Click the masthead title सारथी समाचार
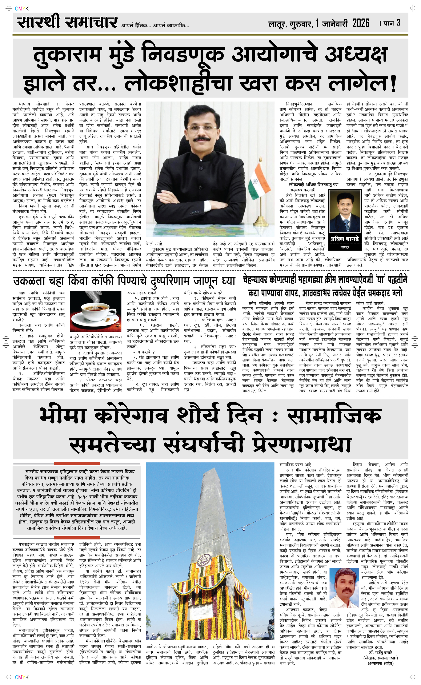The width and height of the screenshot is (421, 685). (x=67, y=22)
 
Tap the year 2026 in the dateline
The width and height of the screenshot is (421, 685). (x=361, y=23)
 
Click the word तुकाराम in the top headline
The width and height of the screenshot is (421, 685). (x=67, y=54)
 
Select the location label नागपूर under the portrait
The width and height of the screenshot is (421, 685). (x=345, y=247)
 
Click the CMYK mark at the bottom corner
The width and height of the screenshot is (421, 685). (x=21, y=677)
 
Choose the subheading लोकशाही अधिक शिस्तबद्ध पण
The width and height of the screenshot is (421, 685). (x=313, y=185)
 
